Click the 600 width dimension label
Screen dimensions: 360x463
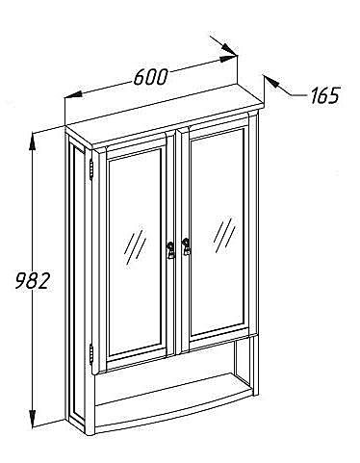[x=150, y=77]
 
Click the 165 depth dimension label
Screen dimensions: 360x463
[x=324, y=95]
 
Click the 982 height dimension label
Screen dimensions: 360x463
[x=33, y=281]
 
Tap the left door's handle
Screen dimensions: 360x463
[x=169, y=249]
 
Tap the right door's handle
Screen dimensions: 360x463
[x=186, y=246]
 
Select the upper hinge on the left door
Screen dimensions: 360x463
[x=91, y=169]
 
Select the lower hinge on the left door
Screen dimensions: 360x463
[x=91, y=354]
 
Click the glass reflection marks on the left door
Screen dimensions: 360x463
[x=135, y=246]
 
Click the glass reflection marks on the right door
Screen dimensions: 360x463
[x=224, y=235]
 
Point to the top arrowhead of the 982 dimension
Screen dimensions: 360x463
[x=32, y=141]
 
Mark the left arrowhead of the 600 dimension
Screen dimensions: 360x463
[x=73, y=94]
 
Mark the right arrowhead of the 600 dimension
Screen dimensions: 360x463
[x=228, y=59]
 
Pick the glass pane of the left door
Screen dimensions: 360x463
[x=135, y=252]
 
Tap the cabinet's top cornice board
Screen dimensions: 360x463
[x=165, y=116]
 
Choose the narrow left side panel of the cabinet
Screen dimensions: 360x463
[x=76, y=282]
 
